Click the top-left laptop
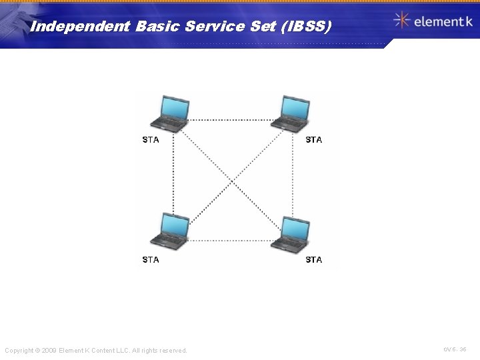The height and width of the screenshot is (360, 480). coord(169,113)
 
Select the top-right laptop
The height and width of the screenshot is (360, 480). coord(290,113)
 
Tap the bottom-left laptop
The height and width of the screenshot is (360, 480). coord(169,232)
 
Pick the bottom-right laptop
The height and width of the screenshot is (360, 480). coord(290,233)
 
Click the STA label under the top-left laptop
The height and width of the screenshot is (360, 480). coord(151,140)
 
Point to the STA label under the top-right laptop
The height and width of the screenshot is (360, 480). coord(313,140)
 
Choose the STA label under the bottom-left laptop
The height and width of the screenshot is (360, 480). coord(151,259)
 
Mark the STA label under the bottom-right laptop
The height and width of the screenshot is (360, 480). coord(313,259)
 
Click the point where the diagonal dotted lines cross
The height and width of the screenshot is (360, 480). coord(231,180)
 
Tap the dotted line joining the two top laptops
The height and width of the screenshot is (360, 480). coord(230,120)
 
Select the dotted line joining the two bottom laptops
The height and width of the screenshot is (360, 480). coord(230,240)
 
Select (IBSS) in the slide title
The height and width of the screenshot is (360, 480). coord(306,27)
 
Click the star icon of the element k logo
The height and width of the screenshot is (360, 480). coord(401,20)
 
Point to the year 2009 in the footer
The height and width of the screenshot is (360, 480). coord(49,351)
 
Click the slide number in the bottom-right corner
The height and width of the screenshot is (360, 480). coord(455,349)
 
